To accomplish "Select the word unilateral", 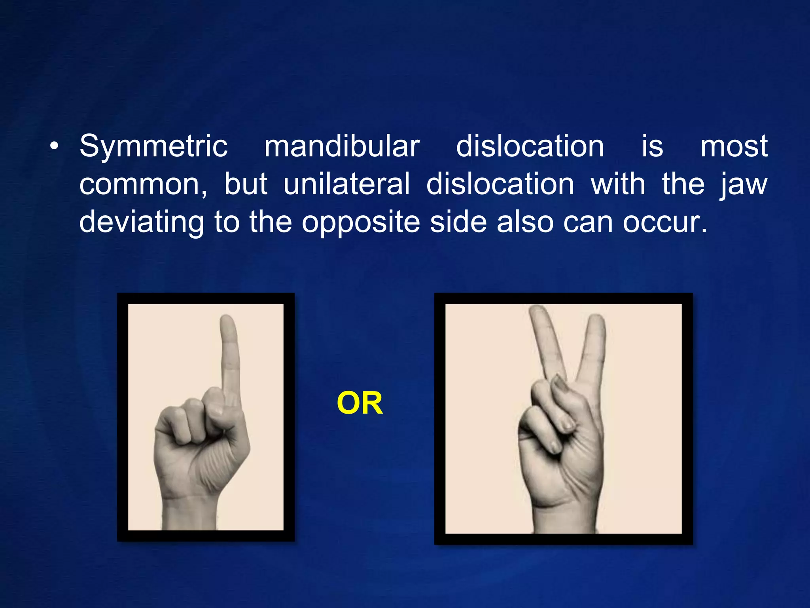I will [347, 184].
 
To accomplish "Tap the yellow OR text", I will [360, 403].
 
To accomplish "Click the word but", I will [246, 184].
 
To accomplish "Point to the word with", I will [618, 184].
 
